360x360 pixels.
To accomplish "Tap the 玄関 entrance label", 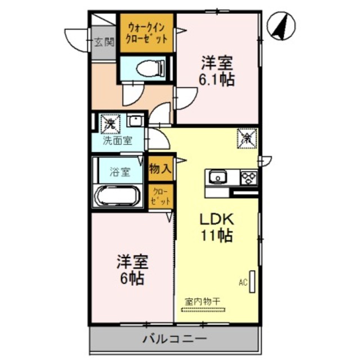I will tap(103, 41).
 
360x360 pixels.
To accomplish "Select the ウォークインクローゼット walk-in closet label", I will tap(147, 33).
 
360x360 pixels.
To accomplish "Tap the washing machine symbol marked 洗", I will tap(107, 122).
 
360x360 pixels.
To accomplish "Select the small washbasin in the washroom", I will tap(135, 120).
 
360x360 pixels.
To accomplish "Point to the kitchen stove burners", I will tap(247, 178).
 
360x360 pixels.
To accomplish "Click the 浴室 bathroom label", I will tap(119, 172).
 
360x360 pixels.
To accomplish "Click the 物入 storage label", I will tap(160, 168).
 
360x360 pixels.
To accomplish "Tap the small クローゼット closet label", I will tap(160, 196).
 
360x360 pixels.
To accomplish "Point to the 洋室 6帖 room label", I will tap(132, 269).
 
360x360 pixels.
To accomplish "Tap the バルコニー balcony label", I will tap(174, 339).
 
